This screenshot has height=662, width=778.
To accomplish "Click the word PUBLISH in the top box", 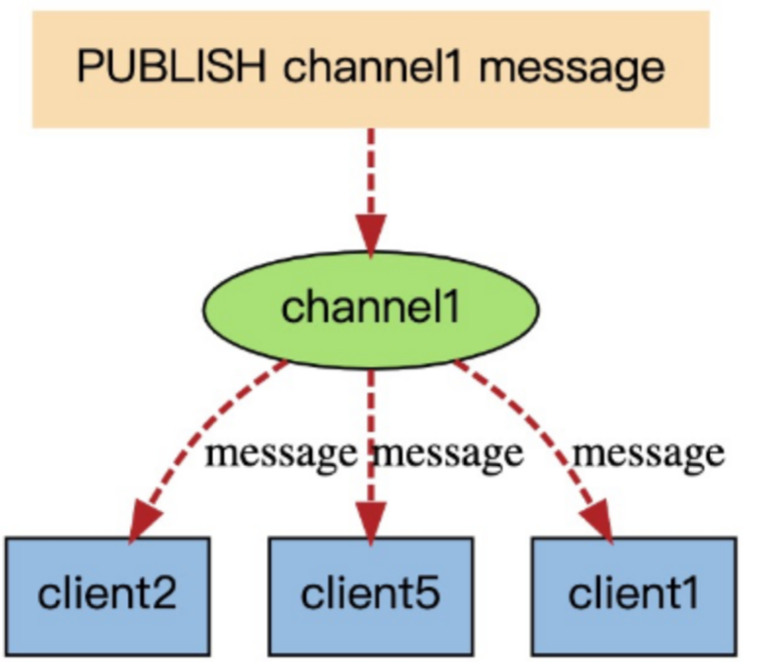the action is (171, 67).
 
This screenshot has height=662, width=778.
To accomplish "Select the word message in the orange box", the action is (572, 71).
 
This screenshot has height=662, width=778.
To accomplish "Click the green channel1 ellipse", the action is (371, 309).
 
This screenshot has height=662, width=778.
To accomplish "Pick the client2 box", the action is (109, 596).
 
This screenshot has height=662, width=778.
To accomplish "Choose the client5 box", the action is (371, 596).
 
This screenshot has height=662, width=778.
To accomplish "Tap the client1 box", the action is (634, 596).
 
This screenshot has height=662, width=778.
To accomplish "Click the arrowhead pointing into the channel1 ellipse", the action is (371, 234).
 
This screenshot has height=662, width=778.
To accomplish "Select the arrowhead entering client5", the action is (371, 522).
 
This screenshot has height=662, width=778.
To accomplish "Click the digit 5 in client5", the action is (428, 593).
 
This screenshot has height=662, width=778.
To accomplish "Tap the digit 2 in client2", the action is (162, 593).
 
